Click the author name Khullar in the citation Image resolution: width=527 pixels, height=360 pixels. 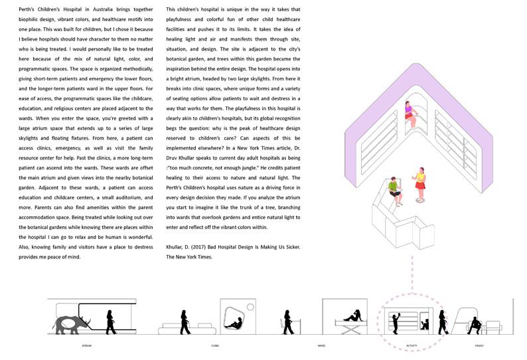(x=175, y=247)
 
